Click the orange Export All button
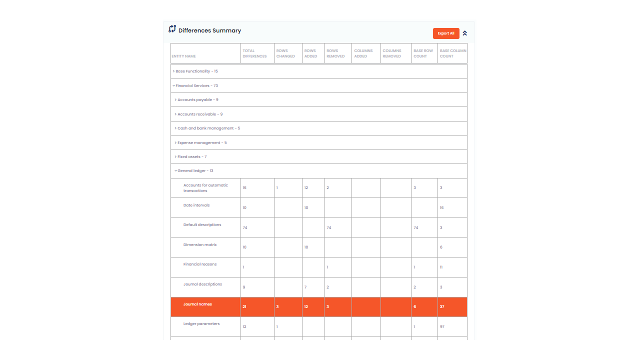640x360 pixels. pyautogui.click(x=446, y=33)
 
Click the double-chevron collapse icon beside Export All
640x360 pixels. pyautogui.click(x=465, y=33)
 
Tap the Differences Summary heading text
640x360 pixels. pyautogui.click(x=209, y=30)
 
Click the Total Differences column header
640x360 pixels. pyautogui.click(x=254, y=53)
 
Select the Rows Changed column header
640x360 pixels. pyautogui.click(x=285, y=53)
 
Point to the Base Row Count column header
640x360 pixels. pyautogui.click(x=423, y=53)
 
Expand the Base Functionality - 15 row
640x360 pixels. pyautogui.click(x=196, y=71)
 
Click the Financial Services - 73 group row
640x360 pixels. pyautogui.click(x=196, y=86)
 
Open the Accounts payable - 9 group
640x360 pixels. pyautogui.click(x=198, y=100)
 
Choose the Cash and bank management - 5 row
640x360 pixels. pyautogui.click(x=208, y=128)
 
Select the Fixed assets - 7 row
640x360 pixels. pyautogui.click(x=192, y=157)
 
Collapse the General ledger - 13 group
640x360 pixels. pyautogui.click(x=195, y=171)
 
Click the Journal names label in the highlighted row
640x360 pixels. pyautogui.click(x=197, y=304)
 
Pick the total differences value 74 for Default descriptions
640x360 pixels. pyautogui.click(x=245, y=227)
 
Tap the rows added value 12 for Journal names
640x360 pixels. pyautogui.click(x=306, y=306)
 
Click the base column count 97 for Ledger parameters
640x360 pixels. pyautogui.click(x=442, y=326)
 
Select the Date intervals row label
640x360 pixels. pyautogui.click(x=196, y=205)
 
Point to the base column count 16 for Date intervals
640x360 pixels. pyautogui.click(x=442, y=207)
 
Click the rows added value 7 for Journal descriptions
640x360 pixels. pyautogui.click(x=305, y=287)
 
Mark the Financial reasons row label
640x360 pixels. pyautogui.click(x=200, y=264)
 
